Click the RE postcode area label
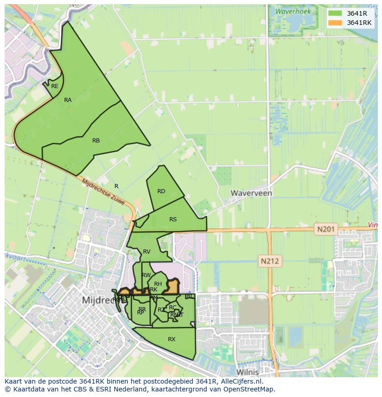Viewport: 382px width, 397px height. click(55, 86)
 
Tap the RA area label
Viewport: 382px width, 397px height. click(68, 100)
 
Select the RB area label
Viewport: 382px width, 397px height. click(96, 141)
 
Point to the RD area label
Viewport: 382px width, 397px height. click(161, 191)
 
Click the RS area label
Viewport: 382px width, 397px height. click(173, 219)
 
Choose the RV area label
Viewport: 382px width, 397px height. click(147, 252)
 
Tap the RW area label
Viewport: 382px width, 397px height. click(146, 275)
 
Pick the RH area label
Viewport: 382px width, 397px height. click(158, 284)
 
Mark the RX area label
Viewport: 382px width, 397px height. click(172, 339)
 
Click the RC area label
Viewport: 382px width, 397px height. click(173, 308)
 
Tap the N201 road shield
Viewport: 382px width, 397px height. click(327, 228)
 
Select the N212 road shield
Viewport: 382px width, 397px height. click(270, 261)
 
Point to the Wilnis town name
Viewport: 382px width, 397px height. click(247, 372)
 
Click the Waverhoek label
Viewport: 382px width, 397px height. click(293, 12)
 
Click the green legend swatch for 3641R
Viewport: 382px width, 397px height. click(334, 13)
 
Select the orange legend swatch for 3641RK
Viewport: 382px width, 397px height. click(334, 23)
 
